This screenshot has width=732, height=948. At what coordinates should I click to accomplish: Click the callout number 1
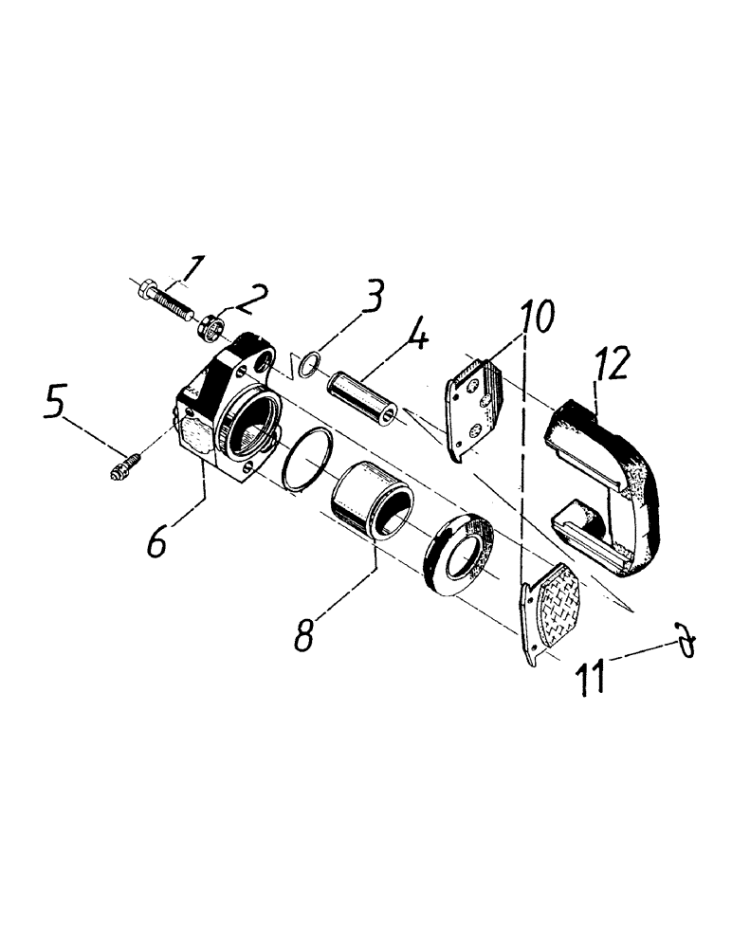(193, 270)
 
